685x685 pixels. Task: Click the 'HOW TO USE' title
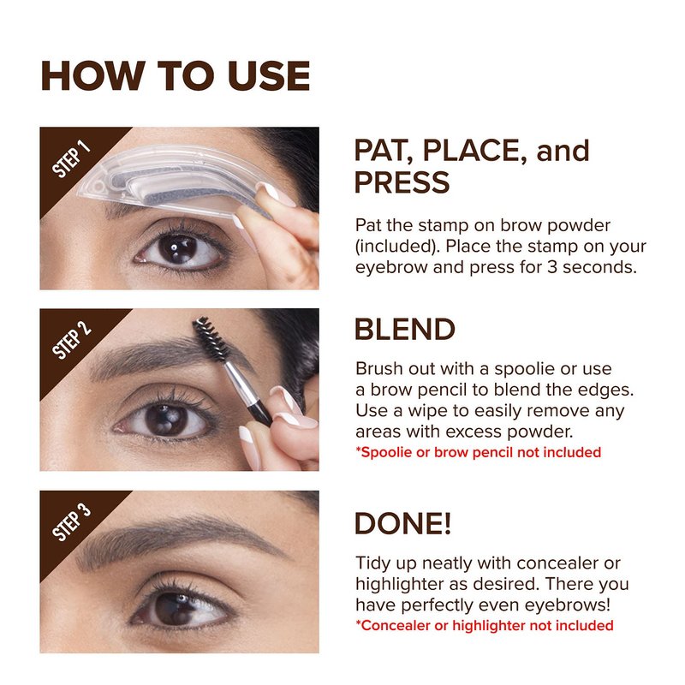pyautogui.click(x=176, y=76)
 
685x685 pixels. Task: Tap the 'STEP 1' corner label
pyautogui.click(x=71, y=159)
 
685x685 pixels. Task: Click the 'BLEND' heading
pyautogui.click(x=404, y=329)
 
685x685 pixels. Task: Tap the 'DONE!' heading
pyautogui.click(x=402, y=523)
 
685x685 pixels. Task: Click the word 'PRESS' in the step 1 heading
pyautogui.click(x=402, y=182)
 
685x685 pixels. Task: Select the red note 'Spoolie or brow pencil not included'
pyautogui.click(x=479, y=452)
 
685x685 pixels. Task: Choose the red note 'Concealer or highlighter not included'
pyautogui.click(x=485, y=625)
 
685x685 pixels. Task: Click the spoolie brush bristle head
pyautogui.click(x=211, y=337)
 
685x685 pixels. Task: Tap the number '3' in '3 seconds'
pyautogui.click(x=552, y=267)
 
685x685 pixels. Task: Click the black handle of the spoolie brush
pyautogui.click(x=260, y=414)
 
